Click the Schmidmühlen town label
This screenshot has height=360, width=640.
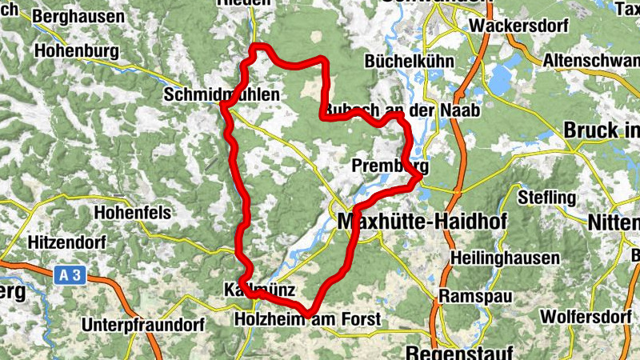click(222, 95)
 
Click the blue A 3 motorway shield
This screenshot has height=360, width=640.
click(70, 274)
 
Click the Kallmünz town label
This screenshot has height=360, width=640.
click(261, 290)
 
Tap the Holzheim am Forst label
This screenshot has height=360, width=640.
click(307, 320)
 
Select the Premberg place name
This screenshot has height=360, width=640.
click(390, 166)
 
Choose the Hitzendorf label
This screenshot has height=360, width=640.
click(68, 240)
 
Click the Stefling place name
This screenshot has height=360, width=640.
click(547, 197)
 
